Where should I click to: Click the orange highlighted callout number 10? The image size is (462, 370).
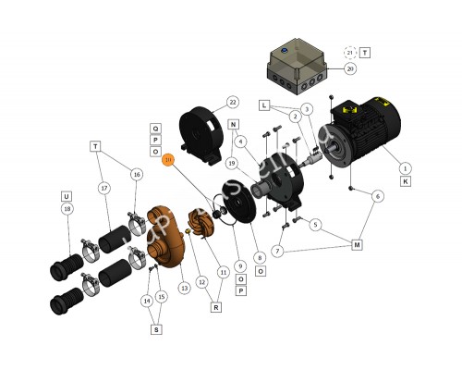(x=167, y=160)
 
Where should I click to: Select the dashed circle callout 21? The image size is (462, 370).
(x=349, y=52)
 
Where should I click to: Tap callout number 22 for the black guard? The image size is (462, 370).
(x=232, y=102)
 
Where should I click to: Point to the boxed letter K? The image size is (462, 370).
(x=405, y=181)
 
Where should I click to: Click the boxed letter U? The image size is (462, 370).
(x=67, y=196)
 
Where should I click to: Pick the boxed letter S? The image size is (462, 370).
(x=154, y=327)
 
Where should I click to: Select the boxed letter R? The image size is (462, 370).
(x=215, y=306)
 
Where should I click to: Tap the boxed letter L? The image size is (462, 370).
(x=263, y=105)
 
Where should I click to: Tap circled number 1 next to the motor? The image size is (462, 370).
(x=405, y=167)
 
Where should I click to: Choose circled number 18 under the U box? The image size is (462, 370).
(x=67, y=210)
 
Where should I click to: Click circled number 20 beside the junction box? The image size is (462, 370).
(x=349, y=68)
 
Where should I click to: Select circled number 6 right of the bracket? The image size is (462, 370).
(x=377, y=196)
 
